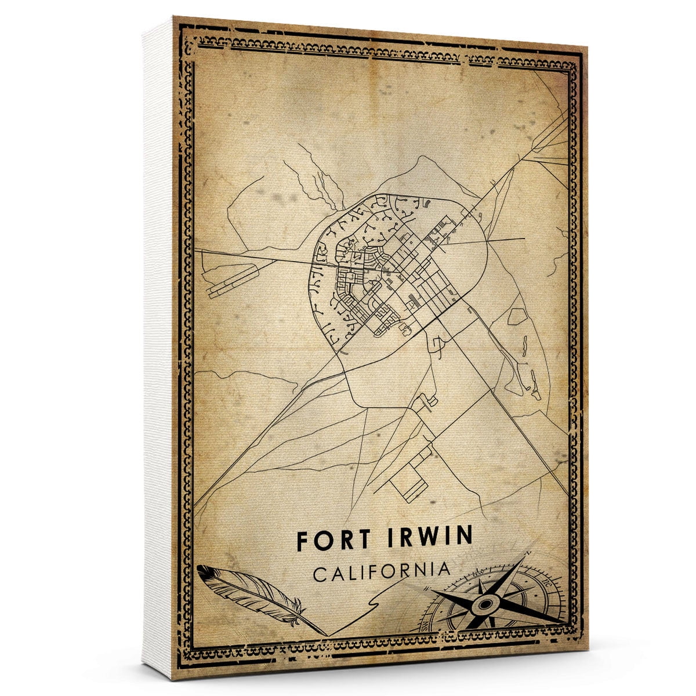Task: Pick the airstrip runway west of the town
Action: click(x=232, y=278)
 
